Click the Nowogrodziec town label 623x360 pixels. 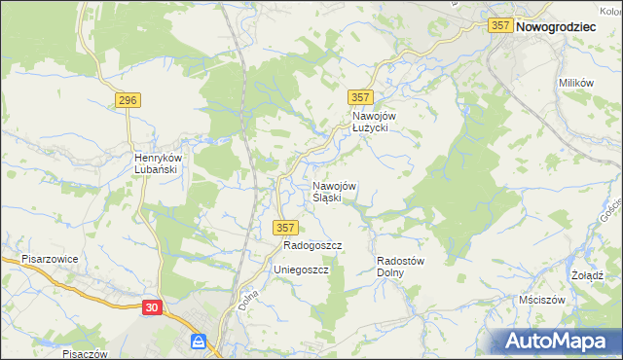[x=556, y=28]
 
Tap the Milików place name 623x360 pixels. [x=576, y=83]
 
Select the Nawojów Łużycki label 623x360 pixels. [x=370, y=121]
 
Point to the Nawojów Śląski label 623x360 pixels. [x=334, y=192]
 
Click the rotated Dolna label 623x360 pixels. [x=246, y=299]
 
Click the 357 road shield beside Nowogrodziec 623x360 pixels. [x=501, y=27]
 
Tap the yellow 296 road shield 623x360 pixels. [x=128, y=100]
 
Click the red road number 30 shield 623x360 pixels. [x=152, y=307]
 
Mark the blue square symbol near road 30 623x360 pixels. [x=199, y=342]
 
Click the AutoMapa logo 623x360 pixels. [x=558, y=342]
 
